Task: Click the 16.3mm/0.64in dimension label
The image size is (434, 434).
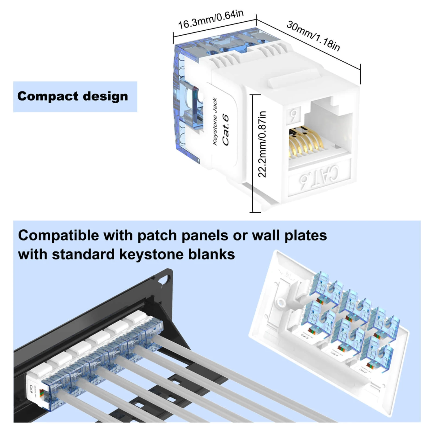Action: (211, 19)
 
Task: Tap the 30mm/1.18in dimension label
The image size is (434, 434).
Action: (313, 36)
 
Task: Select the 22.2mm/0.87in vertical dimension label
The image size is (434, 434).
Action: (262, 144)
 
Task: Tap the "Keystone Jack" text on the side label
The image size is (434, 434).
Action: (215, 122)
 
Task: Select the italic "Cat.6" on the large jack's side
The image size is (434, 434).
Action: (225, 130)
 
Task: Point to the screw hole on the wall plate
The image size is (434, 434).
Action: (280, 302)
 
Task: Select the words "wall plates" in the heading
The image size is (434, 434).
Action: (289, 236)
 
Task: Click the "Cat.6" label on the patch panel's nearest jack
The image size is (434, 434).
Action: (31, 389)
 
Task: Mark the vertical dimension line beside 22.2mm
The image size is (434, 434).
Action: (253, 153)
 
